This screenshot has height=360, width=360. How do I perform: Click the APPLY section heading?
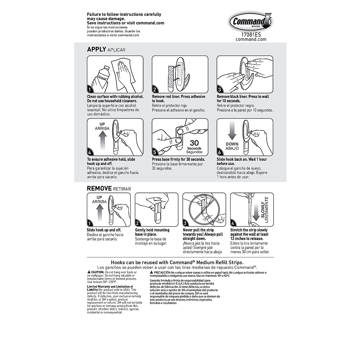(x=97, y=49)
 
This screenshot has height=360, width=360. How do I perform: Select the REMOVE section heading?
(x=99, y=189)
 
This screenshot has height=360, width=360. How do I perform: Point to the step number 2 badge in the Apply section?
(x=155, y=89)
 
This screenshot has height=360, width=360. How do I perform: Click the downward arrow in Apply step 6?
(x=232, y=130)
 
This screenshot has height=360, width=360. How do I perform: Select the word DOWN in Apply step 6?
(x=232, y=144)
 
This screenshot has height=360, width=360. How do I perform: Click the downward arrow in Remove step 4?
(x=256, y=212)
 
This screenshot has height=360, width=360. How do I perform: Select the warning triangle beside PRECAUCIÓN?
(x=152, y=272)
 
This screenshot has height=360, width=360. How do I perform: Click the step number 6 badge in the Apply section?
(x=220, y=152)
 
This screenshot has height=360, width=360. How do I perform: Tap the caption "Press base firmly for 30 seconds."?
(x=178, y=159)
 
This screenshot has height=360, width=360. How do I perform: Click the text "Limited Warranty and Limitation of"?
(x=110, y=287)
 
